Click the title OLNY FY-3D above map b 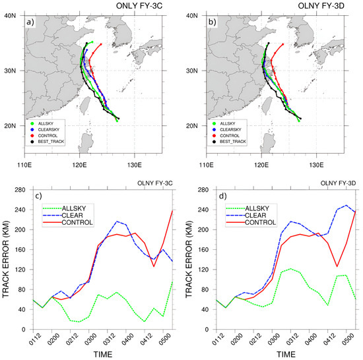pyautogui.click(x=329, y=7)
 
